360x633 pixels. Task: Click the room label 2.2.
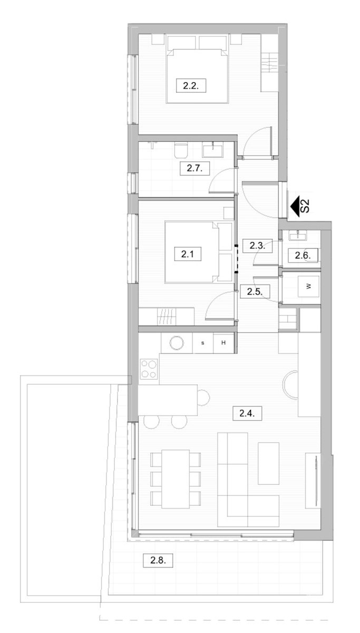tap(191, 85)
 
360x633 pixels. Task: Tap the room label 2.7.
tap(194, 168)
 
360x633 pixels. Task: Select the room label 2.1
tap(188, 254)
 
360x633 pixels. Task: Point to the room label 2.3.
tap(257, 245)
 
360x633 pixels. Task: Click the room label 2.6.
tap(303, 255)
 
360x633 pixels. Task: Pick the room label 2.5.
tap(255, 291)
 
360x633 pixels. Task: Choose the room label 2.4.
tap(247, 414)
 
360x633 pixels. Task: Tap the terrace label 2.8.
tap(158, 560)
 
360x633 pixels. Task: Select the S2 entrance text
tap(305, 206)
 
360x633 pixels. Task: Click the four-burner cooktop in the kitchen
tap(149, 369)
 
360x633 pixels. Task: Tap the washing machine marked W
tap(309, 286)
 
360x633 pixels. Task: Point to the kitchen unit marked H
tap(223, 343)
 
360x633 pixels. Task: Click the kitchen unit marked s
tap(203, 343)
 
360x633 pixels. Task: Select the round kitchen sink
tap(177, 343)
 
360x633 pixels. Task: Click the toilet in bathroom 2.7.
tap(181, 150)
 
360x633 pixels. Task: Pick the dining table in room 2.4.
tap(176, 479)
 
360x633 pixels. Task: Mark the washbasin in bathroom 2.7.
tap(213, 150)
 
